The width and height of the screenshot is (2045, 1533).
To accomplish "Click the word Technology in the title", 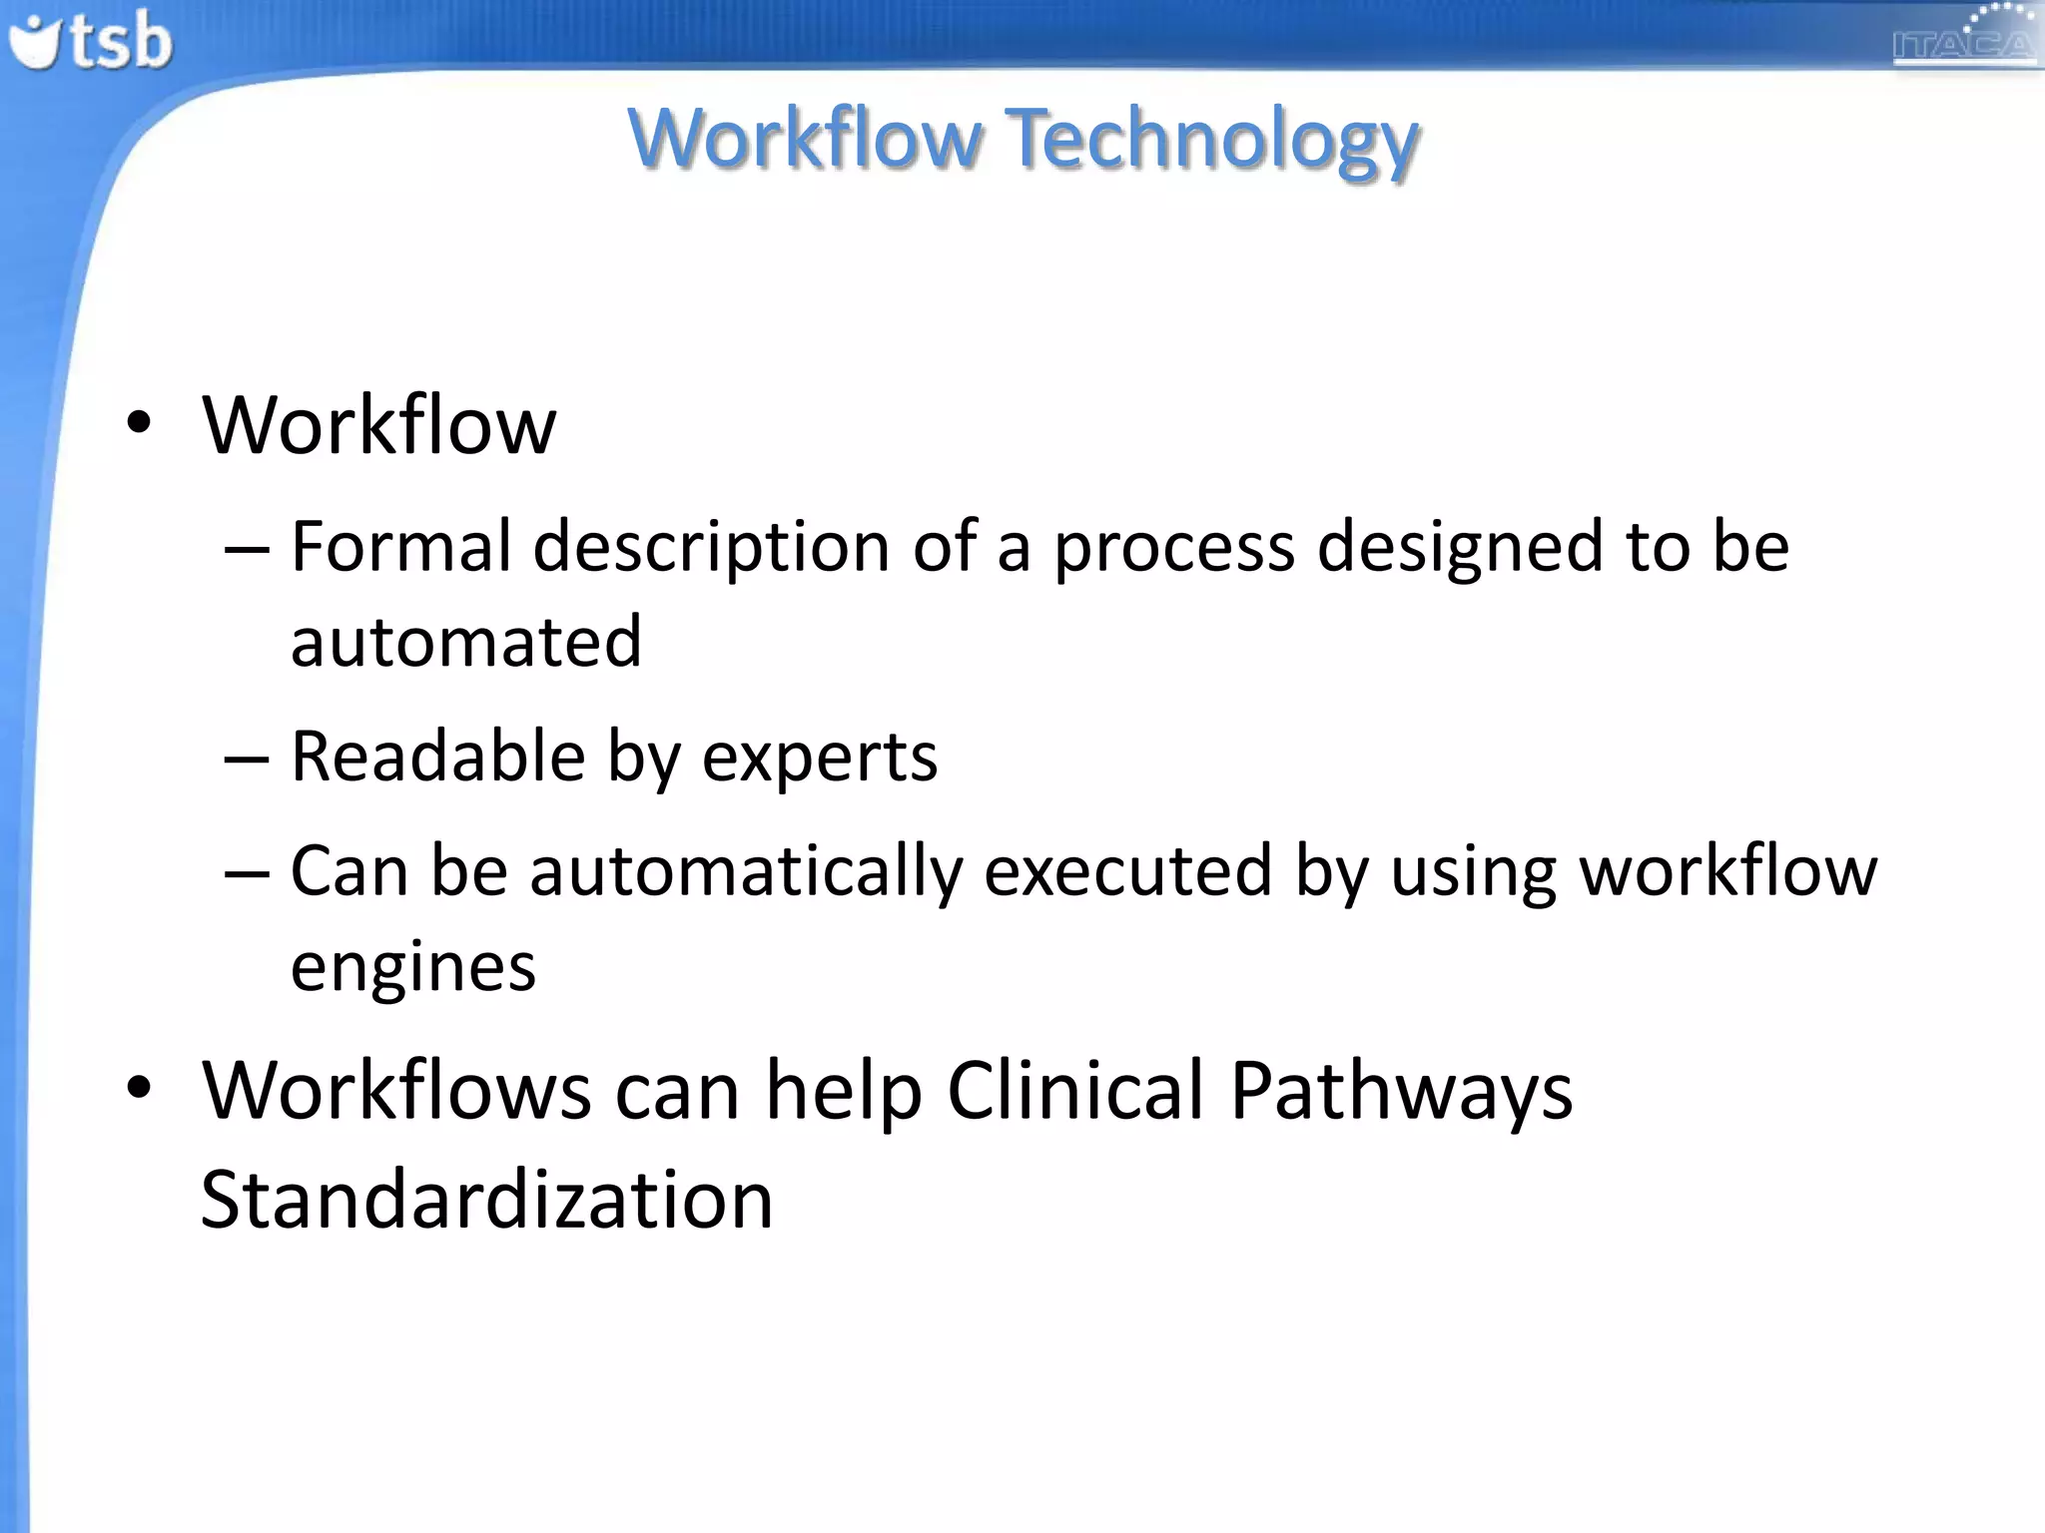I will click(x=1212, y=140).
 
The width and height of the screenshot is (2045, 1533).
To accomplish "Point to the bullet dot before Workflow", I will click(x=139, y=423).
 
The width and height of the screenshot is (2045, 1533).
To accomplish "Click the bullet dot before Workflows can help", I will click(x=139, y=1088).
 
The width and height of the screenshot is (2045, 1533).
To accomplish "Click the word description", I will click(x=711, y=548).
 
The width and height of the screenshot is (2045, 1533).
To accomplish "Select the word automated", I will click(x=465, y=641).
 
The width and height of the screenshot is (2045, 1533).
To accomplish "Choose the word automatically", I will click(x=745, y=872).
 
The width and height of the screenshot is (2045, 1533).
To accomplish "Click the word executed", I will click(x=1127, y=871).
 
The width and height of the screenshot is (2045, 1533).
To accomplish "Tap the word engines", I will click(x=412, y=968).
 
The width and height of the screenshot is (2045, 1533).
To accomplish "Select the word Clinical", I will click(x=1074, y=1090).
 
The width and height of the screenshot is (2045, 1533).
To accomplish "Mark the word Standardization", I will click(x=486, y=1199).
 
